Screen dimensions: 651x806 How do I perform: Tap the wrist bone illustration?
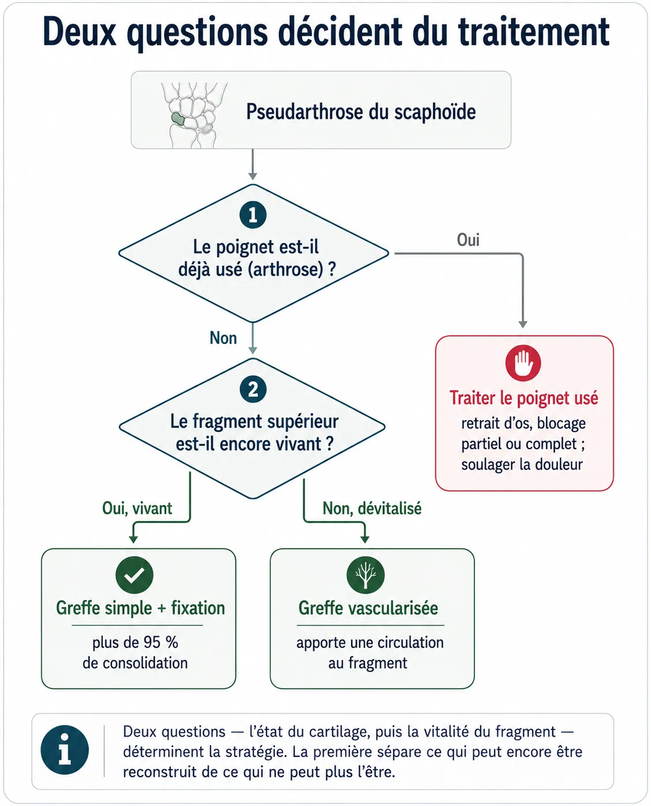point(194,115)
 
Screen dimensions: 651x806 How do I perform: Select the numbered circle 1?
point(253,215)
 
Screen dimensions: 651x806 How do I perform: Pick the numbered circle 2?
point(253,389)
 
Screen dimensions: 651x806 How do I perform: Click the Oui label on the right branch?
point(468,240)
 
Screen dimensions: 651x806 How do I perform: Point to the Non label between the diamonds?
point(224,338)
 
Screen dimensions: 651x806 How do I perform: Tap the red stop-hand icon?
point(523,363)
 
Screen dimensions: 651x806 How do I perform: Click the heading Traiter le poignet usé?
point(524,398)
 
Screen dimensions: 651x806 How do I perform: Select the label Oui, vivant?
point(137,508)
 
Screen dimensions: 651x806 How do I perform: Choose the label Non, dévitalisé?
point(372,508)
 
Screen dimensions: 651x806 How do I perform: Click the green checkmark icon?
point(135,575)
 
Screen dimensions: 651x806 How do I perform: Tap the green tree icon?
point(366,575)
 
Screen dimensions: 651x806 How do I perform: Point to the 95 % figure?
point(161,642)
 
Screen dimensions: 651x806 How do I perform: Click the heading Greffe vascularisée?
point(369,608)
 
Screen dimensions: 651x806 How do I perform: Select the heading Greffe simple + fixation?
point(140,608)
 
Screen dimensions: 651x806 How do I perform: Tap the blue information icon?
point(65,749)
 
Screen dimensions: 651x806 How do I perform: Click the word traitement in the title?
point(534,32)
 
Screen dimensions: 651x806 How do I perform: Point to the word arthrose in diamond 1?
point(286,270)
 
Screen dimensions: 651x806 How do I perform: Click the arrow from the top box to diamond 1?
point(252,164)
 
